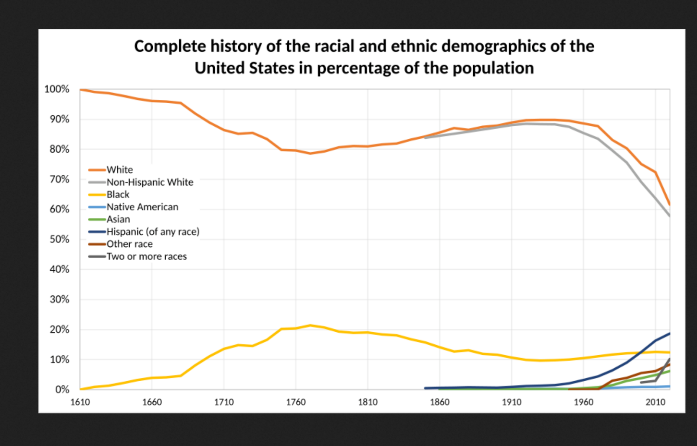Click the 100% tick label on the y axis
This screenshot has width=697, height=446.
57,89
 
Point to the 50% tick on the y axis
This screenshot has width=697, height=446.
59,240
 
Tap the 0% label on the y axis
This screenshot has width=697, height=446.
62,390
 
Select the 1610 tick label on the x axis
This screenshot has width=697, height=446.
80,402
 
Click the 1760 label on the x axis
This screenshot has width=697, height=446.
296,402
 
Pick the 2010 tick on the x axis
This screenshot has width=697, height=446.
655,402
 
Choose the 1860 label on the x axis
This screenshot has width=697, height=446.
440,402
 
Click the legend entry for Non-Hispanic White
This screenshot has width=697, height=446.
149,182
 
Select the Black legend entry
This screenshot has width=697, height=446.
118,194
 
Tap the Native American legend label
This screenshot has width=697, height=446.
142,207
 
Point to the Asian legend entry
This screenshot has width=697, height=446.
118,219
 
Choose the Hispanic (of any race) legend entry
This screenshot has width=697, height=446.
153,232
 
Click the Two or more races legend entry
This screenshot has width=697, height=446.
147,256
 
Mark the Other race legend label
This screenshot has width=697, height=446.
129,244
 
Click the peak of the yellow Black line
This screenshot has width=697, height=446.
310,325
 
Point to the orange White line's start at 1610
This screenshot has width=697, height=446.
81,89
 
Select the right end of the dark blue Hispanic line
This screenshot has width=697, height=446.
669,333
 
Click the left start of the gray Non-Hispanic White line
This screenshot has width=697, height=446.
426,138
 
